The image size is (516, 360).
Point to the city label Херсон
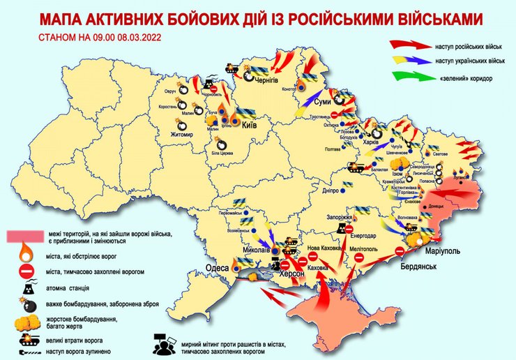click(291, 275)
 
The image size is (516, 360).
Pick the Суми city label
click(323, 102)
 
